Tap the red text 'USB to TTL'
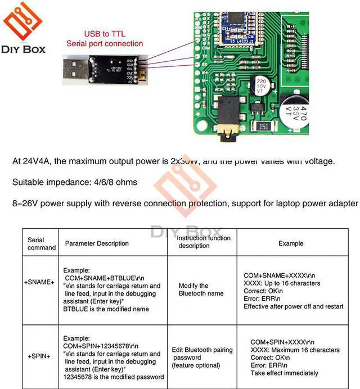tap(105, 34)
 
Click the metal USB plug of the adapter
tap(74, 71)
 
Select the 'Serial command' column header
tap(41, 243)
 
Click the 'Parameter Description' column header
tap(97, 243)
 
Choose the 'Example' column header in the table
tap(291, 243)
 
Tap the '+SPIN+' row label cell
tap(41, 356)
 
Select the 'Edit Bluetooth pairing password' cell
tap(202, 358)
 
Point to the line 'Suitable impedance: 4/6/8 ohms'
tap(75, 182)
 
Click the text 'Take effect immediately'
tap(284, 373)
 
